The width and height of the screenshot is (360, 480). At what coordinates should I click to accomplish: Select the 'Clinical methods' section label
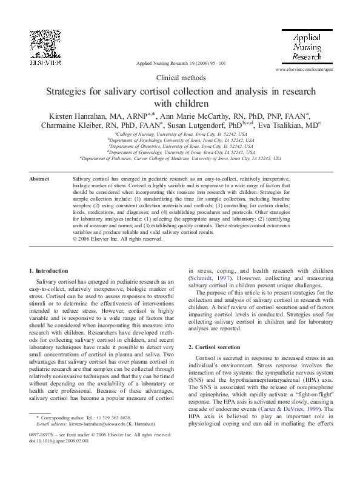(x=181, y=78)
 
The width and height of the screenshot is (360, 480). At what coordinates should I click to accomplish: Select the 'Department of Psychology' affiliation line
(x=181, y=140)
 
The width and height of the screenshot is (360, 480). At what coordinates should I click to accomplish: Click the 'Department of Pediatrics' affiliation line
(x=181, y=158)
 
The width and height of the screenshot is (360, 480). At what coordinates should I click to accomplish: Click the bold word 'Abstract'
(x=39, y=179)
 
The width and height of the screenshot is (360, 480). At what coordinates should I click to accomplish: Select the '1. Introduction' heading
(x=49, y=270)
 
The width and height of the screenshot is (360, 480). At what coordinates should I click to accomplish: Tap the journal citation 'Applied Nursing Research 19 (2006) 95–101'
(x=181, y=63)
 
